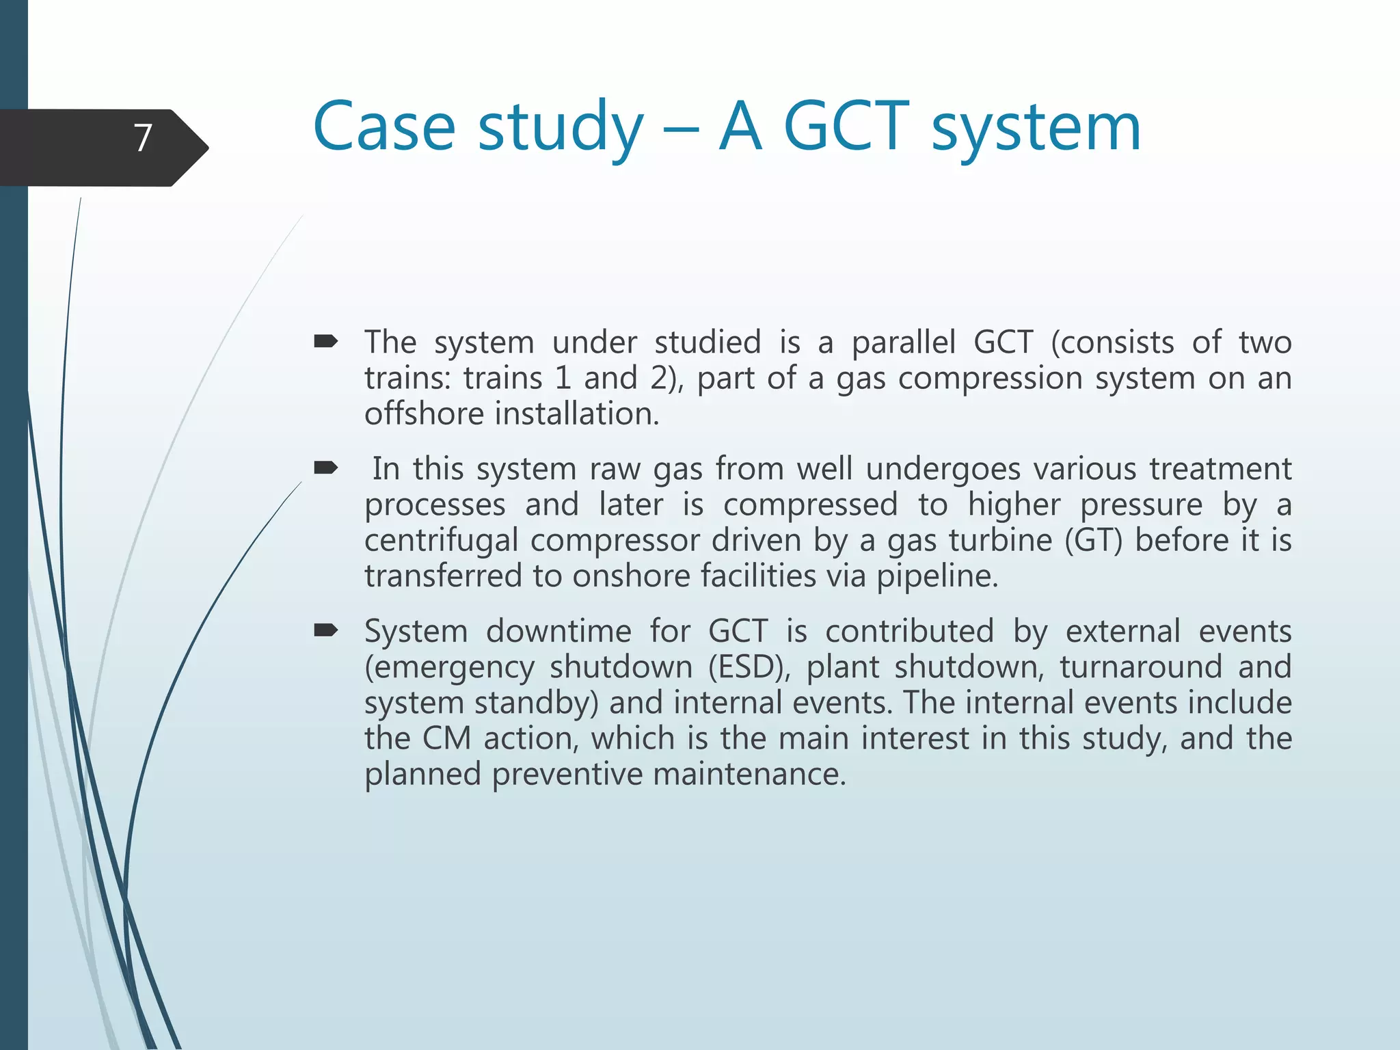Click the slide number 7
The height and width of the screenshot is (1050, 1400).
142,138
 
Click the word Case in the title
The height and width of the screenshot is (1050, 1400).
383,127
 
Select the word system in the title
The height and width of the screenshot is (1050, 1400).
1036,130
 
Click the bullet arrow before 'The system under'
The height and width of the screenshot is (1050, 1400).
325,340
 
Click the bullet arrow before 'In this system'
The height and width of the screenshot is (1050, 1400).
325,468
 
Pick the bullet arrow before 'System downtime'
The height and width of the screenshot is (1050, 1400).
325,630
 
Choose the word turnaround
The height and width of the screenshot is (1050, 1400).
1140,667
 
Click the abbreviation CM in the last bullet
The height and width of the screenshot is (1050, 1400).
446,739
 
